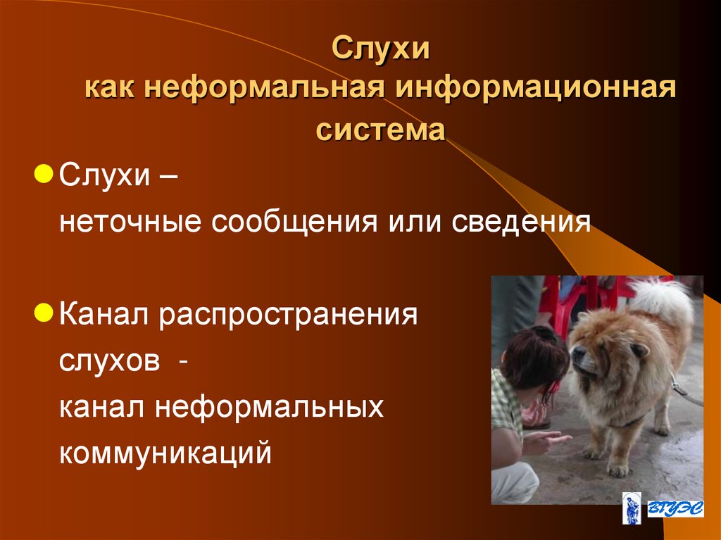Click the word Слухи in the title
[x=380, y=51]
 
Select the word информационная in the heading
[x=536, y=90]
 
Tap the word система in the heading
[x=380, y=130]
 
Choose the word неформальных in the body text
[x=270, y=406]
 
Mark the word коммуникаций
[x=165, y=453]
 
